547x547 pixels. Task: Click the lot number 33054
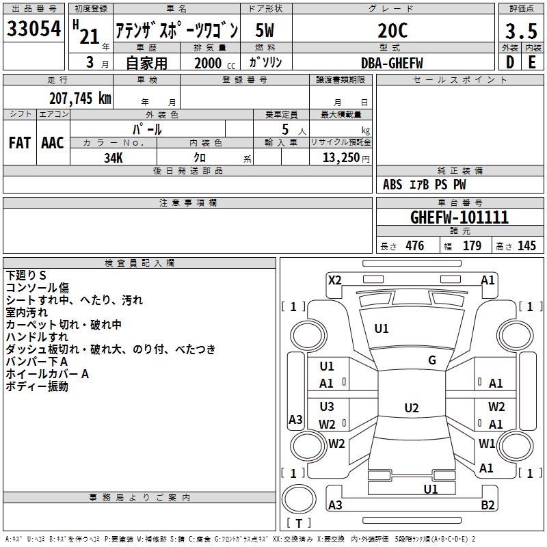point(34,29)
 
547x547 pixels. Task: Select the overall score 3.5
point(520,31)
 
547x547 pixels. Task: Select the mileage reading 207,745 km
point(80,98)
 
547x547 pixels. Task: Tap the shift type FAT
point(19,142)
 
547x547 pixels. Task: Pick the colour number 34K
point(114,157)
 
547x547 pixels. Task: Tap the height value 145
point(526,246)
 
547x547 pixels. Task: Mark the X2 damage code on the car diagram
point(334,280)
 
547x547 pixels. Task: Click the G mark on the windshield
point(432,360)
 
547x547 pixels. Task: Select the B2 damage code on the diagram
point(488,505)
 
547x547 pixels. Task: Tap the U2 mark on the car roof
point(411,408)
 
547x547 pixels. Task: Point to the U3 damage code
point(327,407)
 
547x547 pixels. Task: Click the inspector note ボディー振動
point(37,386)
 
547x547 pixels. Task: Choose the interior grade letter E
point(531,62)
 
